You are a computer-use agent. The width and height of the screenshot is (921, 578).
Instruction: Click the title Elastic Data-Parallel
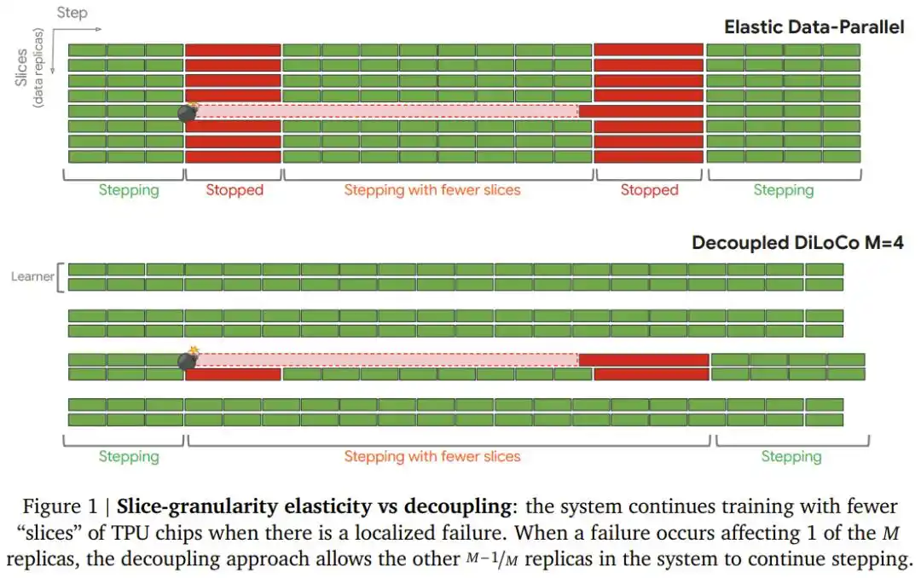814,26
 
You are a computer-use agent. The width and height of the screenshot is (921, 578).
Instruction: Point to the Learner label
32,276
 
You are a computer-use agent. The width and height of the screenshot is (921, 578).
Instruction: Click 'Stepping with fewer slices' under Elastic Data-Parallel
432,190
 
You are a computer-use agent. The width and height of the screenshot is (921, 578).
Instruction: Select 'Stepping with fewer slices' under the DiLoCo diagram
432,456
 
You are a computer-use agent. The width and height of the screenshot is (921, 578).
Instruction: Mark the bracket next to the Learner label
59,276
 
